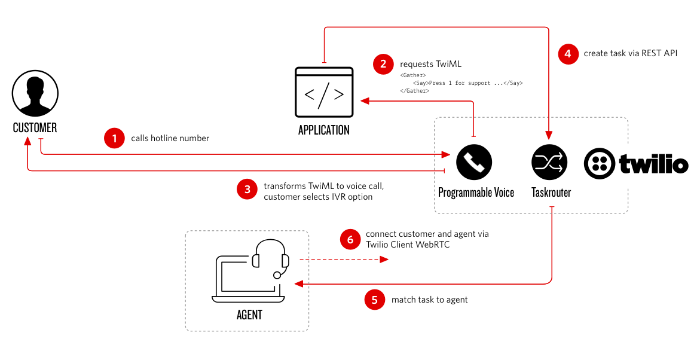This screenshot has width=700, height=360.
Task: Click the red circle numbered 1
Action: tap(114, 138)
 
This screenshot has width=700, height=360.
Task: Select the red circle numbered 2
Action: tap(383, 64)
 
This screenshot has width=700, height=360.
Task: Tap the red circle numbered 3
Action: tap(246, 190)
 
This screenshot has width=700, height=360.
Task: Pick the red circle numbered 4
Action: tap(568, 54)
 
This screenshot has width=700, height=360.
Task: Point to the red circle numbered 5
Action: tap(374, 300)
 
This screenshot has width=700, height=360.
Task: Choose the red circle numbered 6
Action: tap(349, 239)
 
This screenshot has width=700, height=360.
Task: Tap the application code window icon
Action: tap(324, 93)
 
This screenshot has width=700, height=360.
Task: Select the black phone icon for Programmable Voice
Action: tap(474, 161)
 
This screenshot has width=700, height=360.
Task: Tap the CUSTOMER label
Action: tap(35, 127)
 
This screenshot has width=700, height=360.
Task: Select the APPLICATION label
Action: tap(324, 130)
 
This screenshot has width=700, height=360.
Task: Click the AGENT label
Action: tap(249, 315)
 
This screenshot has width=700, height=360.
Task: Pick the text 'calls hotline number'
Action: tap(170, 138)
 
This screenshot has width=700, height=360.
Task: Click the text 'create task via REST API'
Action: tap(630, 54)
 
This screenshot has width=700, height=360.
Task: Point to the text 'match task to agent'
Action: tap(430, 300)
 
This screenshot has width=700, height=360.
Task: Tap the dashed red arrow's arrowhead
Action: tap(384, 260)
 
